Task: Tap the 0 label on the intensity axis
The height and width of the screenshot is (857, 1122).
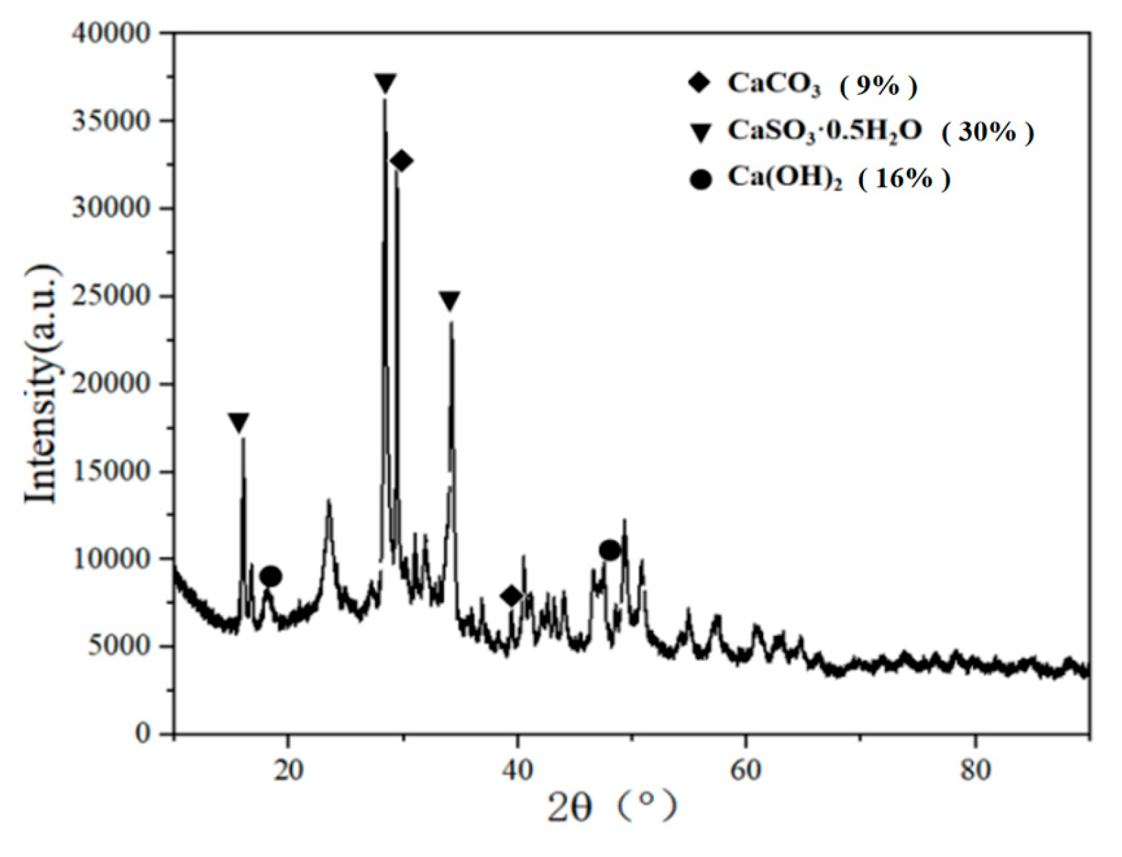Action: [143, 734]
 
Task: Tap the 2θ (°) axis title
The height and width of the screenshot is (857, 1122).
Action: [612, 806]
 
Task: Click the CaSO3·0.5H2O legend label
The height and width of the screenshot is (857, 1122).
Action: [824, 130]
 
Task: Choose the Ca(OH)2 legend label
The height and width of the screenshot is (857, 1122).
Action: [784, 178]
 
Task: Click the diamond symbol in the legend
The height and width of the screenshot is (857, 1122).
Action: [699, 83]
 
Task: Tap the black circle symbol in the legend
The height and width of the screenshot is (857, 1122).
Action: [700, 180]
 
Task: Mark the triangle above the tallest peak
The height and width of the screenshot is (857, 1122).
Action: [385, 83]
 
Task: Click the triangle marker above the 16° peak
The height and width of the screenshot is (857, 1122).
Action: [238, 422]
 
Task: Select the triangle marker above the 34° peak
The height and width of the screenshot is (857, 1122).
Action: [449, 300]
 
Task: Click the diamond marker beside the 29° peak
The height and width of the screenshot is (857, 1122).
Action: [401, 161]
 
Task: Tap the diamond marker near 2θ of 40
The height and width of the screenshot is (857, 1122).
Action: [511, 596]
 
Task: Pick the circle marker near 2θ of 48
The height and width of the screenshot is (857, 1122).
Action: [609, 550]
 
